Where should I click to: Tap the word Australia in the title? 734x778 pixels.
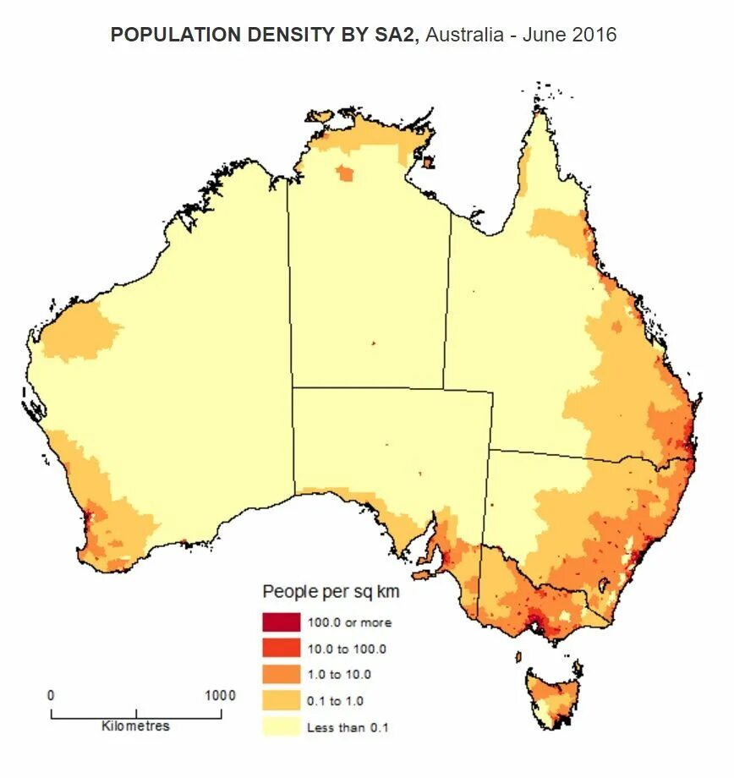[468, 36]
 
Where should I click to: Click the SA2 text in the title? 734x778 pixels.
[398, 36]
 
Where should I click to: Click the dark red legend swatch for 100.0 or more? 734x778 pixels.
[281, 622]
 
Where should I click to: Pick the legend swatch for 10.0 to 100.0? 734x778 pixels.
[281, 649]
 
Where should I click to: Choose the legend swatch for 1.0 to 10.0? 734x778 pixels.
[281, 674]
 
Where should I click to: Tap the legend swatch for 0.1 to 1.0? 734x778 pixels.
[281, 700]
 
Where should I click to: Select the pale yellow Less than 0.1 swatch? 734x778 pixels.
[281, 726]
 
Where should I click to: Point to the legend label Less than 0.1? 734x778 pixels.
[348, 726]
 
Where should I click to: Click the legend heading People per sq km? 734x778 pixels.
[331, 591]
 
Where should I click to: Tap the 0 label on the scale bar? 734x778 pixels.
[51, 695]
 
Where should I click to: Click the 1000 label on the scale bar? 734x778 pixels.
[220, 695]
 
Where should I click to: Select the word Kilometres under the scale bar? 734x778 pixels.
[135, 726]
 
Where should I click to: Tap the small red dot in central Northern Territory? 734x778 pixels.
[372, 343]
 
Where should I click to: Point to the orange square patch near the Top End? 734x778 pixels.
[345, 174]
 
